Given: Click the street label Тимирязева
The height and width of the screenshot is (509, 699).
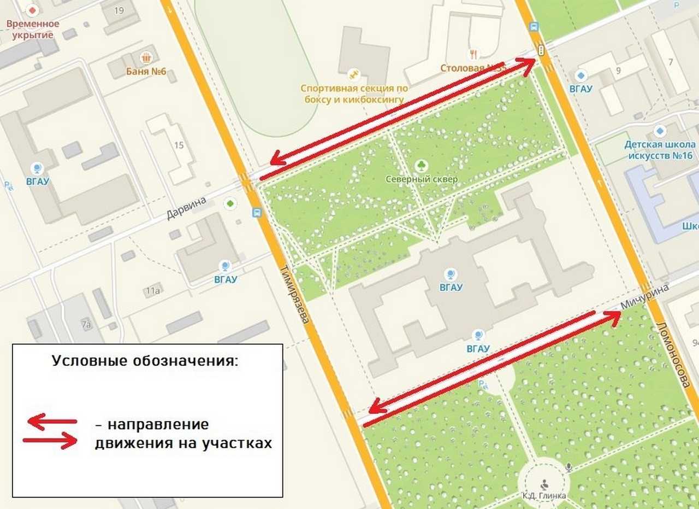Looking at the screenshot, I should (x=295, y=301).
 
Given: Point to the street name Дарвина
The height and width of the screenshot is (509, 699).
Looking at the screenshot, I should (x=186, y=208).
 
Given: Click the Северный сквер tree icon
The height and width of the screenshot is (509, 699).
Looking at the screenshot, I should (x=422, y=165).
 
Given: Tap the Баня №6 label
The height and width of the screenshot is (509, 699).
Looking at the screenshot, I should (x=146, y=71).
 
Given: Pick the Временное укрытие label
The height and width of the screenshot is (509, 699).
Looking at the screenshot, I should (x=33, y=30).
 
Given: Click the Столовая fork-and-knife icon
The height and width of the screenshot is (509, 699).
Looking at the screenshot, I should (x=473, y=54).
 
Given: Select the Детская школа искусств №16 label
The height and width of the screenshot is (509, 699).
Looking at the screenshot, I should (x=659, y=150).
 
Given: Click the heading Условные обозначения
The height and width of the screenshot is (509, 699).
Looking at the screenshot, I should (x=145, y=361).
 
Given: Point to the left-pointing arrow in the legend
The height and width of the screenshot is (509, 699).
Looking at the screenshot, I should (x=52, y=422).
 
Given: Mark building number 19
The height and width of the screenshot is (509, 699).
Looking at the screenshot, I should (x=119, y=10).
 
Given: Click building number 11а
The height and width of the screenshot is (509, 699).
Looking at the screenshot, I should (x=153, y=291).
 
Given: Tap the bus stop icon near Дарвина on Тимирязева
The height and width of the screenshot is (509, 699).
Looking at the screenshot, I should (x=256, y=213).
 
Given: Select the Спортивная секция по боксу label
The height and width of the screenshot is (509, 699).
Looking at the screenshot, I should (x=354, y=94).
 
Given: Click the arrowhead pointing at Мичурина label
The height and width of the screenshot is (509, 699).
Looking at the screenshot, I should (x=615, y=317).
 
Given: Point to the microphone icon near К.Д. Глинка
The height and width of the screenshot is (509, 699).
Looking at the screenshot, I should (x=568, y=467).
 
